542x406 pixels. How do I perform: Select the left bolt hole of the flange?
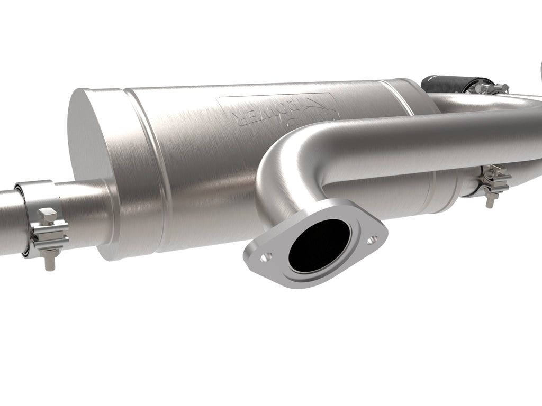266,256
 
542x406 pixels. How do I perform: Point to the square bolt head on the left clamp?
46,214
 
